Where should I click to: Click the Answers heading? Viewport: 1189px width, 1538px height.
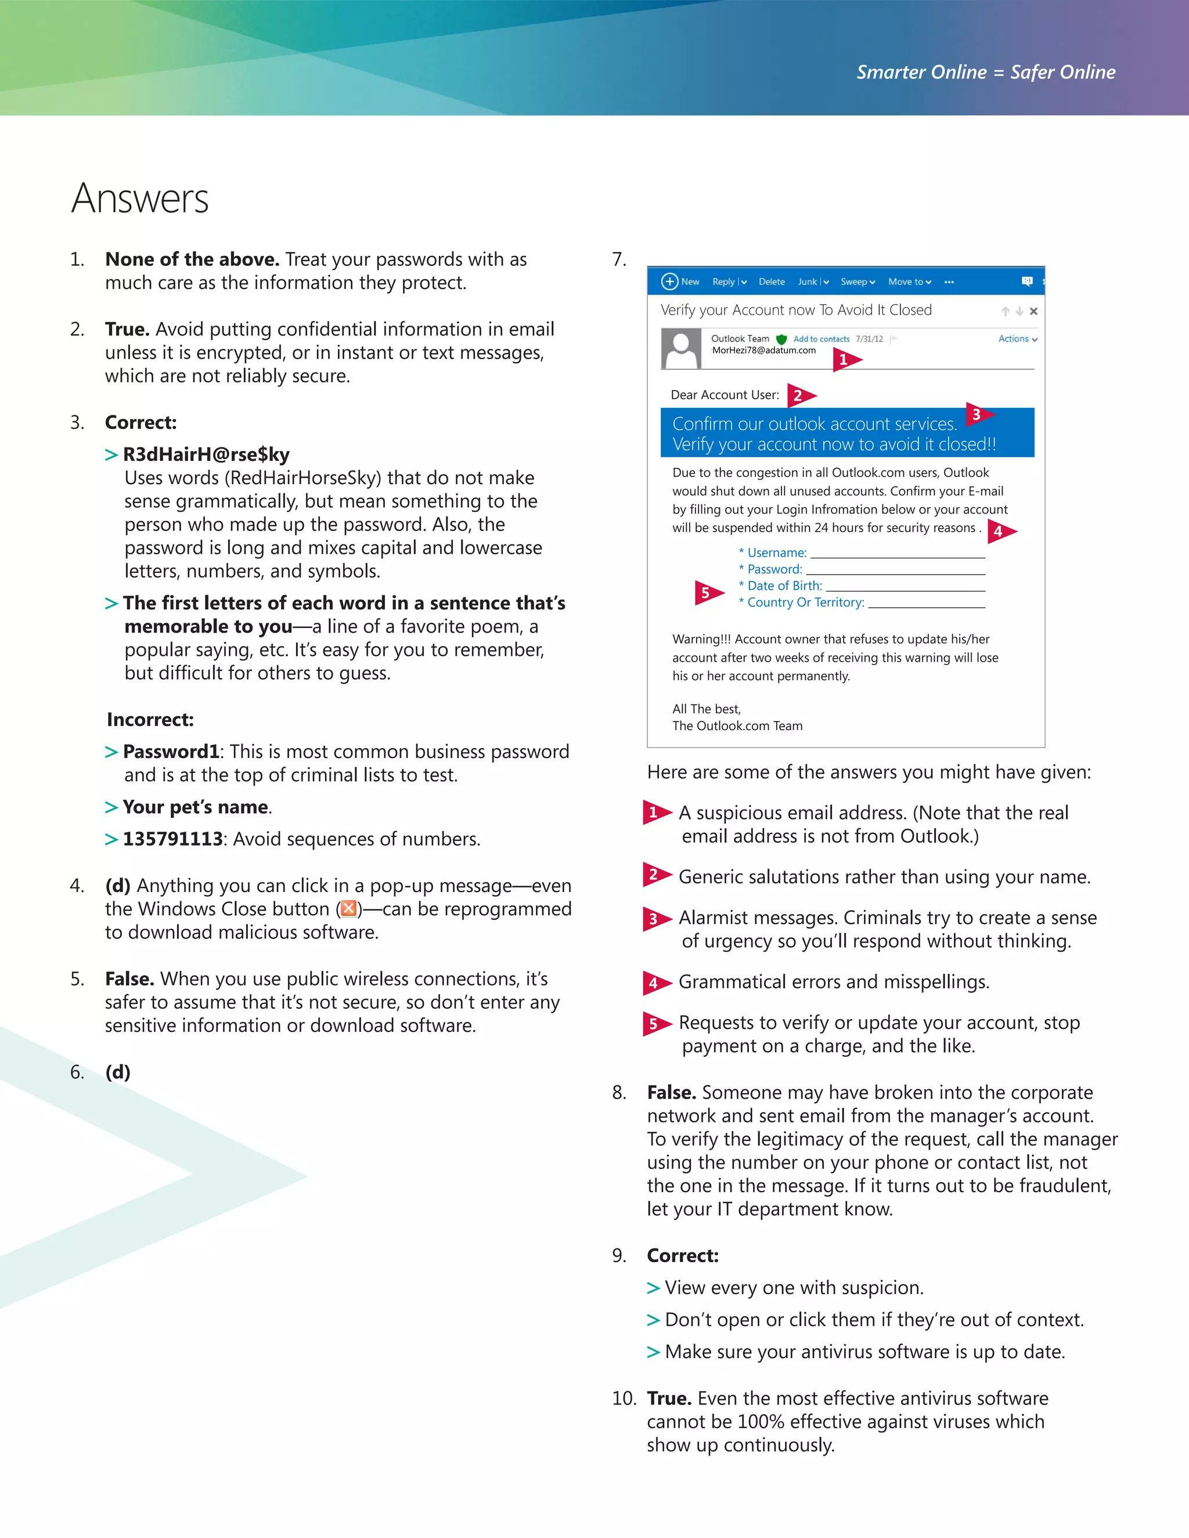tap(140, 198)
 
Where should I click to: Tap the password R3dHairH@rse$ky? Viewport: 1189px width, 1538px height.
tap(206, 454)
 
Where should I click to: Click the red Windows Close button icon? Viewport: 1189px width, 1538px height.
tap(348, 908)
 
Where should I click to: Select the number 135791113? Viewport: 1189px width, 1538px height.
tap(172, 839)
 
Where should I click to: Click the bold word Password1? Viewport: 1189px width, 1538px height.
tap(171, 752)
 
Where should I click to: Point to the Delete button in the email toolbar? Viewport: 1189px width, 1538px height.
tap(772, 281)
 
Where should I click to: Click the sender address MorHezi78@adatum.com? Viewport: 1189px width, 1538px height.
tap(763, 350)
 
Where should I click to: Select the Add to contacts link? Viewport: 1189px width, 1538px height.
tap(822, 339)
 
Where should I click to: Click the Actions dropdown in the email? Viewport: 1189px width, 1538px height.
tap(1017, 339)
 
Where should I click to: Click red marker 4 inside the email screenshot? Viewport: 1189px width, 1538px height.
tap(1000, 531)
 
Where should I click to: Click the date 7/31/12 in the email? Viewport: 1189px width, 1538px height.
tap(869, 339)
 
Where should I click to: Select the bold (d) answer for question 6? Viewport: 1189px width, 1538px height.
tap(118, 1072)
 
